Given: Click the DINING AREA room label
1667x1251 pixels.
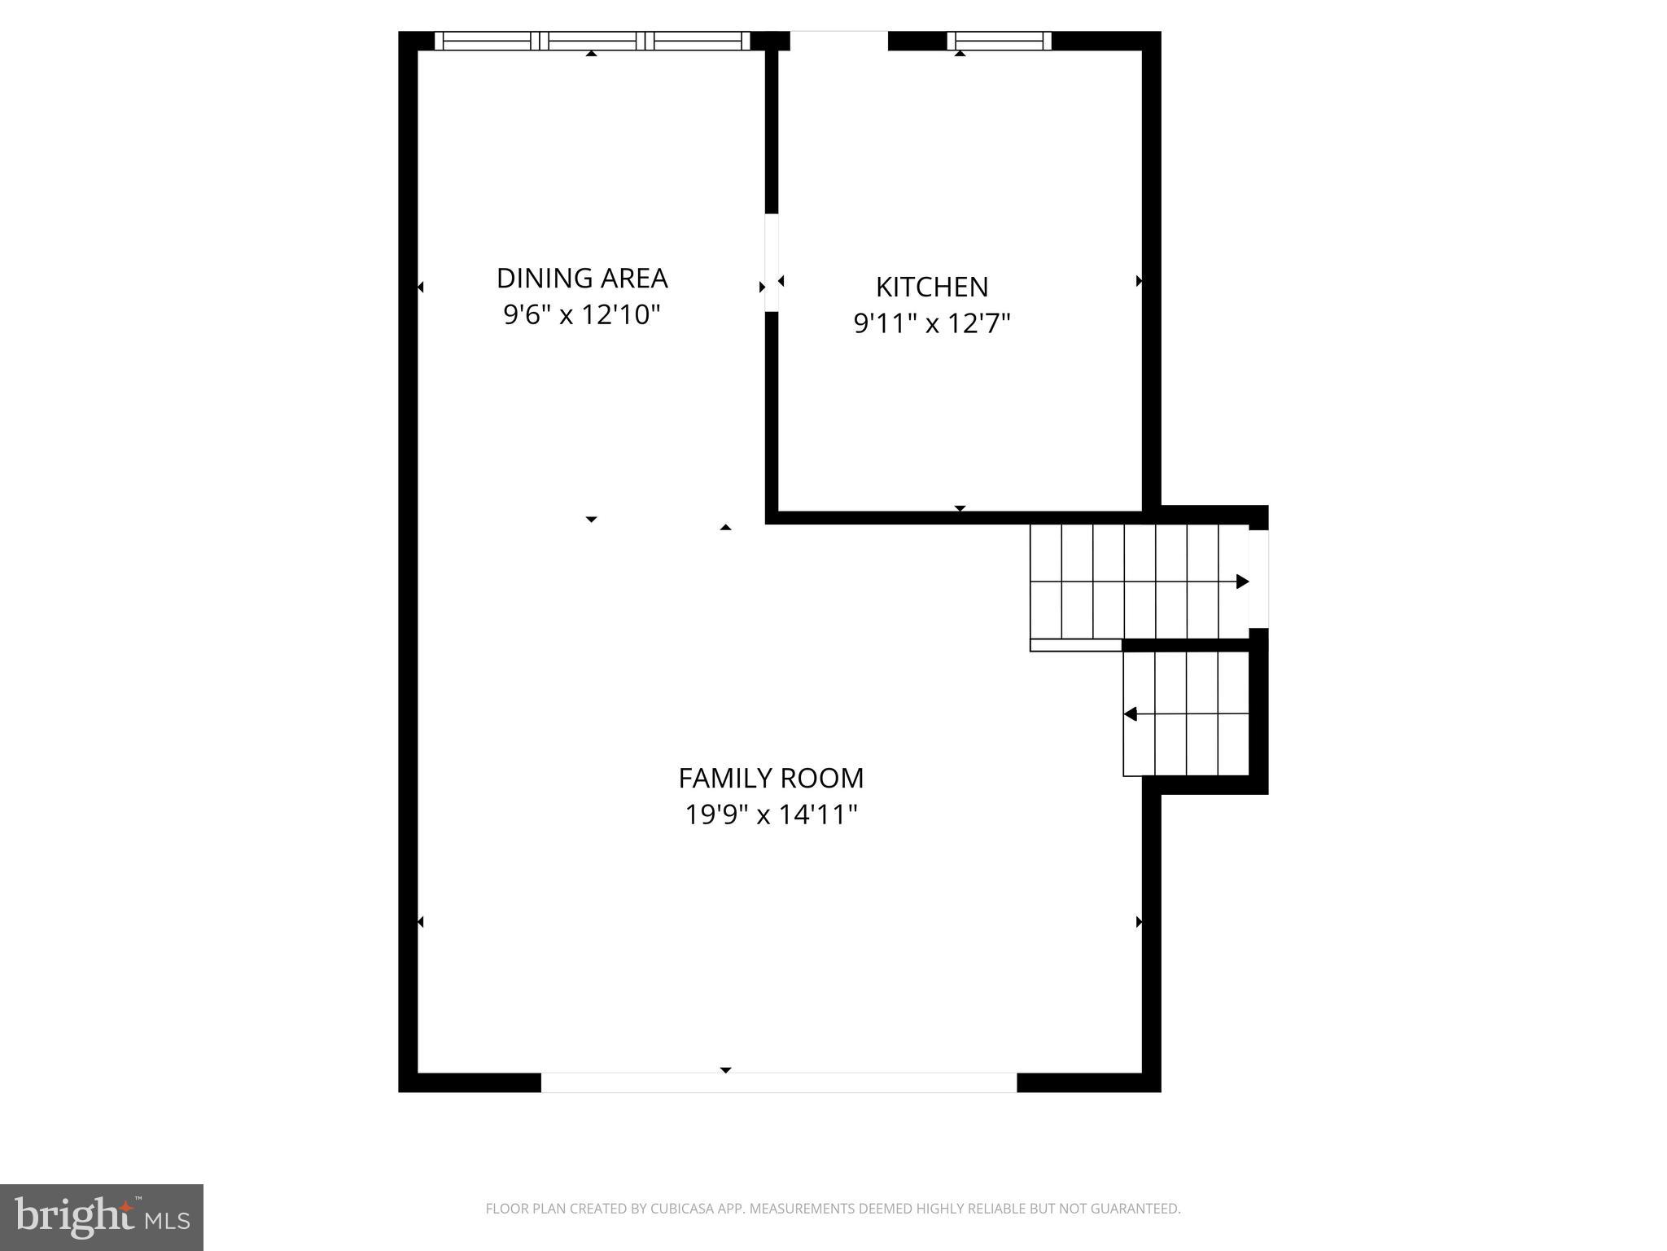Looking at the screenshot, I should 582,279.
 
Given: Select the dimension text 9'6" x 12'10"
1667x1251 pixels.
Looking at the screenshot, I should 581,314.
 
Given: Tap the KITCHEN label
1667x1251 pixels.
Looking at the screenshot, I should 932,288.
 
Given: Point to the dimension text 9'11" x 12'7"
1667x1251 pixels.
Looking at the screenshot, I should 932,324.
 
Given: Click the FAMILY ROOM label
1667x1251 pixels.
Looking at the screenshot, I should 771,779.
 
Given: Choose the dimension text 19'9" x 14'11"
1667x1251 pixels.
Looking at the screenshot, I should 771,814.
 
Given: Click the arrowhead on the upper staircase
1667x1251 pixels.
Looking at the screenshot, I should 1242,582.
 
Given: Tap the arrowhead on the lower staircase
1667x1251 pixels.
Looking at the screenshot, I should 1131,714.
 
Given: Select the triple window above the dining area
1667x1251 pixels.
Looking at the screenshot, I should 592,41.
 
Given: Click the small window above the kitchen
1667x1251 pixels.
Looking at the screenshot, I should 1000,41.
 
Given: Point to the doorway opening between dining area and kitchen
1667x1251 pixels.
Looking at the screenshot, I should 772,262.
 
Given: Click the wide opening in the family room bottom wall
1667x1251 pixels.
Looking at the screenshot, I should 779,1082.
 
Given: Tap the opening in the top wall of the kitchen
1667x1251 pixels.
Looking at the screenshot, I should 838,41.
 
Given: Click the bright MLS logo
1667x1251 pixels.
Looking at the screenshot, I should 102,1217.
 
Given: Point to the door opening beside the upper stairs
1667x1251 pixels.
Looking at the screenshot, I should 1258,579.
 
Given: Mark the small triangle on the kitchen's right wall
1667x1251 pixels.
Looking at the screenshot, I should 1139,281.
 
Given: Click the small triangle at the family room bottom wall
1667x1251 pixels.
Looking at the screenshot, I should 725,1069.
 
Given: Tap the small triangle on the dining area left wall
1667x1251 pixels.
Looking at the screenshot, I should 421,287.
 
